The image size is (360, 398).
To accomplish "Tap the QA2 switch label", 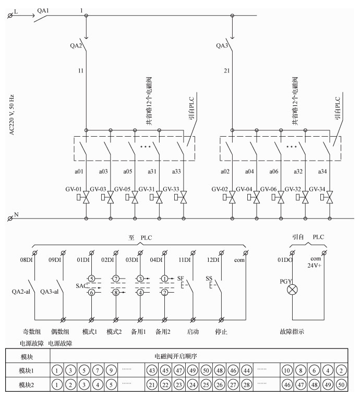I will coord(77,45).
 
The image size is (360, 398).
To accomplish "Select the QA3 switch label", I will coord(222,45).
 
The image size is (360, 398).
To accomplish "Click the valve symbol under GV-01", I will coord(86,198).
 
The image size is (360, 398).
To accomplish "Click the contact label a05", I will coord(127,172).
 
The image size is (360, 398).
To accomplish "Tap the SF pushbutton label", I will coord(181,279).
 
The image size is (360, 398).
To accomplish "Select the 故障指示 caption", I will coord(292,331).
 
